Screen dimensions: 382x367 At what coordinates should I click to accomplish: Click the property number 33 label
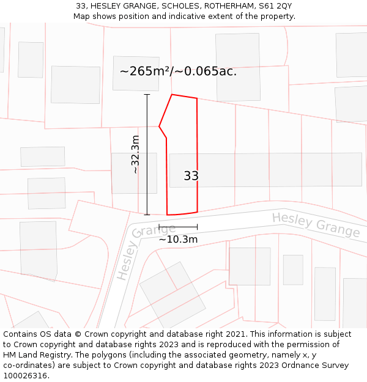click(191, 176)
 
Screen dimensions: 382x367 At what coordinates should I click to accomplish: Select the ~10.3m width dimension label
click(178, 239)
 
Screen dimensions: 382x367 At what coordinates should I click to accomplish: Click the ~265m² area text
click(144, 72)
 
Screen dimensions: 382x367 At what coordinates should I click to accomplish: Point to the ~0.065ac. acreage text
click(207, 72)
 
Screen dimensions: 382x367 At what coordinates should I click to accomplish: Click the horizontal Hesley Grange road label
click(316, 225)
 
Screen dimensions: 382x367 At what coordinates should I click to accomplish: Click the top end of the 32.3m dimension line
click(147, 95)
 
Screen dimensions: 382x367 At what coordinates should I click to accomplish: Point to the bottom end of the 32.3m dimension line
click(147, 215)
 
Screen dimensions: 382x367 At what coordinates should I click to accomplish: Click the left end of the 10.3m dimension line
click(159, 227)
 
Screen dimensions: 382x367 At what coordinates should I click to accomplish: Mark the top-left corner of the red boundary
click(172, 95)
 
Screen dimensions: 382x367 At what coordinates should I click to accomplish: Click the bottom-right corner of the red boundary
click(197, 212)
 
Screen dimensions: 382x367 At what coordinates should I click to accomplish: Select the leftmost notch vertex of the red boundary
click(159, 127)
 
